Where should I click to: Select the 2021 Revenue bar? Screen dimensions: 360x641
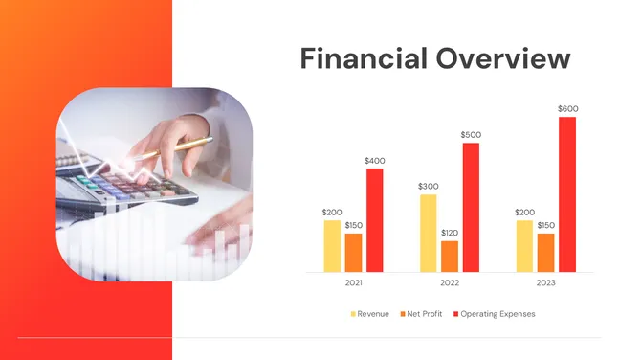pos(332,246)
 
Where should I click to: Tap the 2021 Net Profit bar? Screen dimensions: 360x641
pos(353,253)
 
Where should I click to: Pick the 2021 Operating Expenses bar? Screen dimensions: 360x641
pos(374,220)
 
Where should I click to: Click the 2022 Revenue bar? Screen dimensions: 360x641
pos(428,234)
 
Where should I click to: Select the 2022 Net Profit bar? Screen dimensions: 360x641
pos(450,257)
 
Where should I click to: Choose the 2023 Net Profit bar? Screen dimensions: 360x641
pos(545,253)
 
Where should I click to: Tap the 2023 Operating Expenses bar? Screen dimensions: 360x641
pos(567,194)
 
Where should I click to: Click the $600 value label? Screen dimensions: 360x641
pos(567,109)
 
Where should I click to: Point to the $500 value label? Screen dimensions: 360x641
pos(471,135)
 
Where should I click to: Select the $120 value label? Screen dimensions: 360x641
pos(450,233)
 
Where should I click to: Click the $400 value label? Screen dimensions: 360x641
pos(374,160)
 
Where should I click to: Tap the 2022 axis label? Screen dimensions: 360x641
pos(450,283)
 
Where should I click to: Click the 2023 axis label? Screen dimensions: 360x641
pos(545,283)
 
